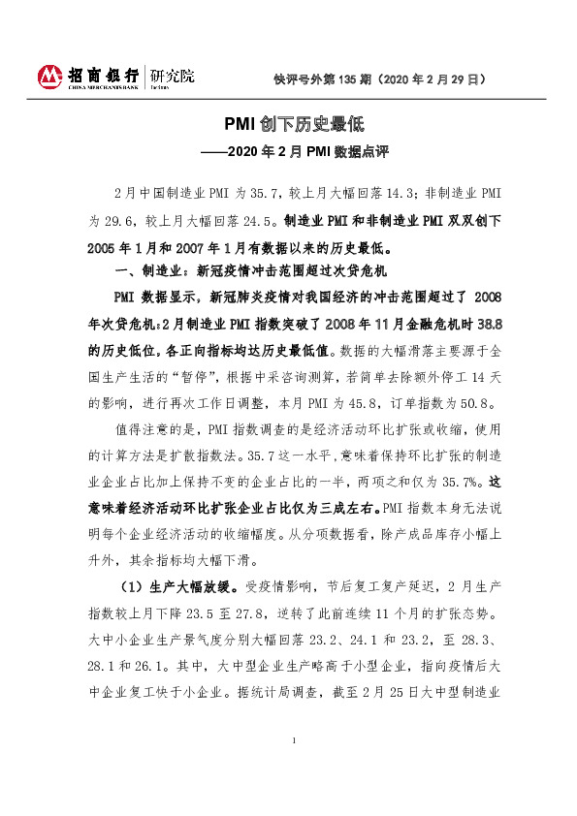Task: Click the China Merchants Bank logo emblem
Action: [x=50, y=76]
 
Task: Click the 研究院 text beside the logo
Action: [x=171, y=73]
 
